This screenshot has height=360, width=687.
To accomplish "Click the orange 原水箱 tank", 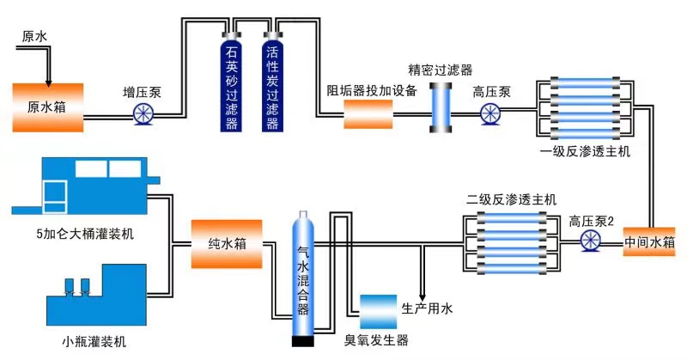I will coord(47,107).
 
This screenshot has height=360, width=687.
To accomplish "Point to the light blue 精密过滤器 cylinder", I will coord(441,110).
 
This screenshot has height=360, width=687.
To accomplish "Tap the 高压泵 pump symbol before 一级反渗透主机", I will coord(491,113).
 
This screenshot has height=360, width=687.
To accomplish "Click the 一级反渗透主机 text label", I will coord(586,151).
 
